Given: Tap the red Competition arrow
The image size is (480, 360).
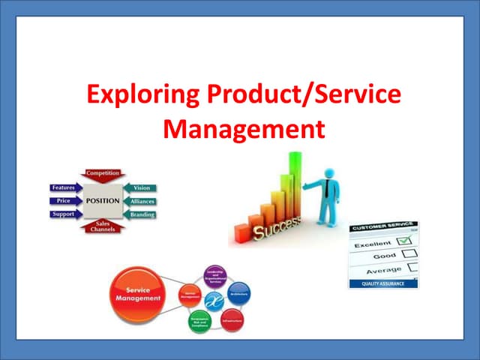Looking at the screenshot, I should pos(103,175).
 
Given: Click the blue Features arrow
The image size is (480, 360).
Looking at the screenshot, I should pos(65,187).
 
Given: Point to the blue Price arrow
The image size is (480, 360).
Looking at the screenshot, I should pos(65,201).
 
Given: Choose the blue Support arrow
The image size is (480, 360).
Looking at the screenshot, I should pos(65,214).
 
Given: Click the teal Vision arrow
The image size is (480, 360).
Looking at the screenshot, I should pos(140,187).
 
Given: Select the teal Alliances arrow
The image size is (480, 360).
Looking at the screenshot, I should pos(140,201).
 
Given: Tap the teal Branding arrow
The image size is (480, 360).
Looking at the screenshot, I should pos(140,214).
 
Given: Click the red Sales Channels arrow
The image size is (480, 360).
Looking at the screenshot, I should pos(103,227).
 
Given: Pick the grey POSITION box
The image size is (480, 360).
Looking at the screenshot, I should pos(103,201).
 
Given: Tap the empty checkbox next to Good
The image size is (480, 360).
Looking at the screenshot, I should pos(411,255).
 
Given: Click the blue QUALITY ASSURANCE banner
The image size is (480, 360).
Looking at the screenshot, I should pos(383,283).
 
